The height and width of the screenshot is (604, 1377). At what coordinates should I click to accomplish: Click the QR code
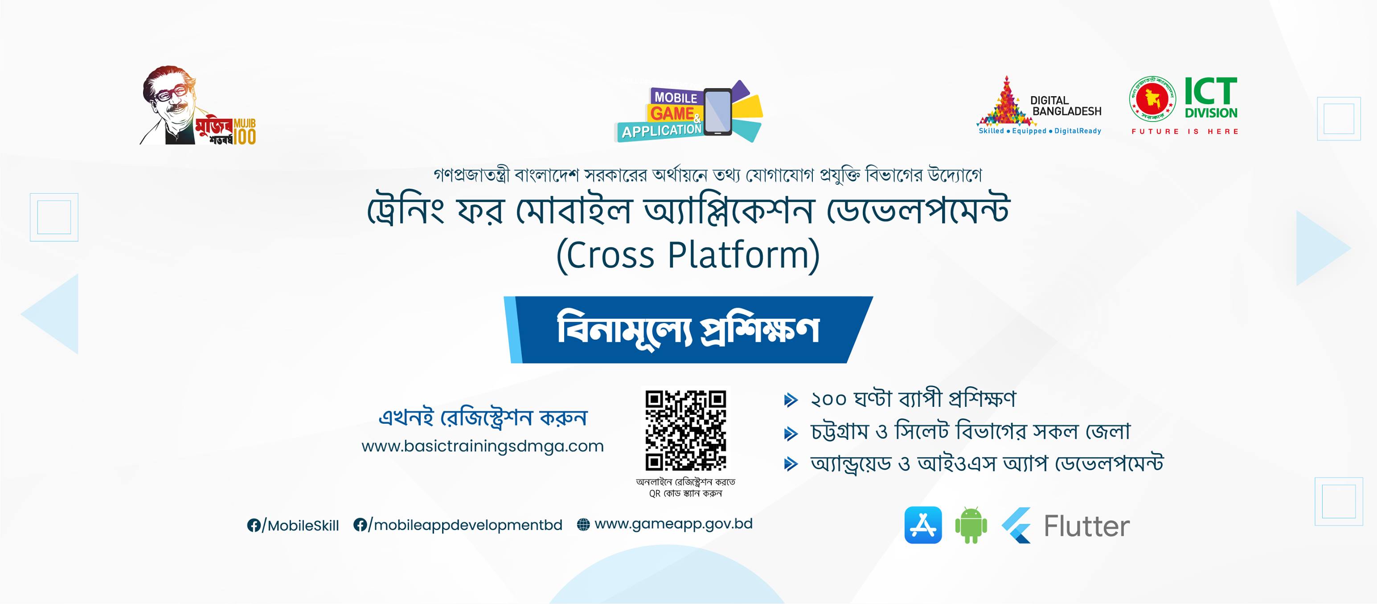pos(685,430)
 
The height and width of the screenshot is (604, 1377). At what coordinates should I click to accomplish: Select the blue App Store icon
pos(923,525)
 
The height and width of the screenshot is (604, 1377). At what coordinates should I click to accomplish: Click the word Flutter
pos(1087,526)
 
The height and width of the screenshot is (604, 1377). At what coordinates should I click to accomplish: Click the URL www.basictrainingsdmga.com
pos(483,446)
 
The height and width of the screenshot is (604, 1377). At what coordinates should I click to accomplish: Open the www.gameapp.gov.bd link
pos(673,524)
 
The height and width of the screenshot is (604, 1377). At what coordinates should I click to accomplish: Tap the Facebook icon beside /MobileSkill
pos(254,526)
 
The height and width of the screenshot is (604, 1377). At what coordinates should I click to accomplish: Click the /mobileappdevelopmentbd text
pos(465,525)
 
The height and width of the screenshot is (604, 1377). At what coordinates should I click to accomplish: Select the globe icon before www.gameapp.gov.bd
pos(583,525)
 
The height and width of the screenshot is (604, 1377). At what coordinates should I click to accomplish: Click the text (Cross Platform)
pos(688,255)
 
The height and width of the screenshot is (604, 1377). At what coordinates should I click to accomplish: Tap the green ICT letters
pos(1211,91)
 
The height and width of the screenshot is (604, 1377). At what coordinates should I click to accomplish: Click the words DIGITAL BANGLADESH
pos(1066,106)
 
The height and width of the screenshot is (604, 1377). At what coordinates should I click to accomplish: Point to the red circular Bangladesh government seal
pos(1153,99)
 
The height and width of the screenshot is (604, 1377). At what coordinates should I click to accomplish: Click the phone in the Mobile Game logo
pos(718,112)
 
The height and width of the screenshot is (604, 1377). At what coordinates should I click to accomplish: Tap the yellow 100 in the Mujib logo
pos(244,136)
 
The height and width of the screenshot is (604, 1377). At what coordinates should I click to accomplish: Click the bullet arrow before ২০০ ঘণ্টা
pos(791,400)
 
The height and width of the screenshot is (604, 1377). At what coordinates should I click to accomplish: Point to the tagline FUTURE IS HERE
pos(1184,131)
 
